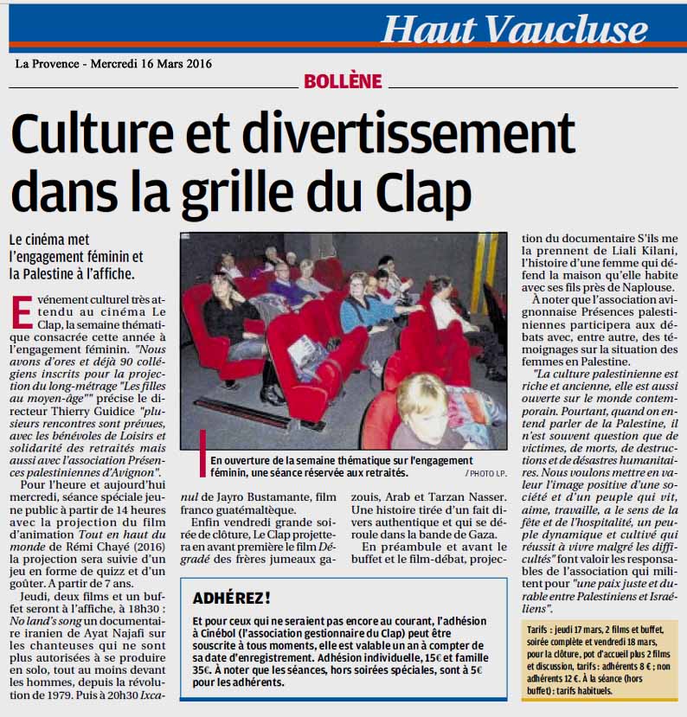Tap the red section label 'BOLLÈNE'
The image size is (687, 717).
[343, 81]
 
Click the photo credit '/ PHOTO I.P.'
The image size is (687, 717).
[487, 474]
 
